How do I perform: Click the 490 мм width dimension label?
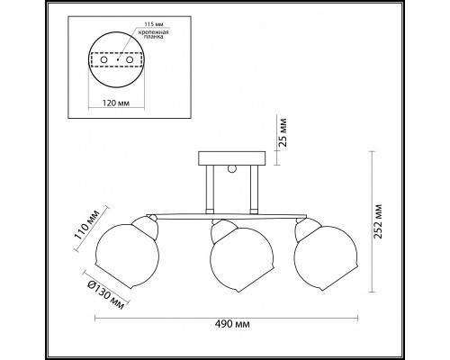tap(232, 324)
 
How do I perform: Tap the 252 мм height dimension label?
tap(378, 221)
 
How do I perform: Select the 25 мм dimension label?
tap(283, 132)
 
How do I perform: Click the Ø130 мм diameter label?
tap(106, 295)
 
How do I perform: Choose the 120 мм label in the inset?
tap(116, 103)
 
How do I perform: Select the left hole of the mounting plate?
tap(103, 59)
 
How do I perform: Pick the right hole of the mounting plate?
tap(130, 59)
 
